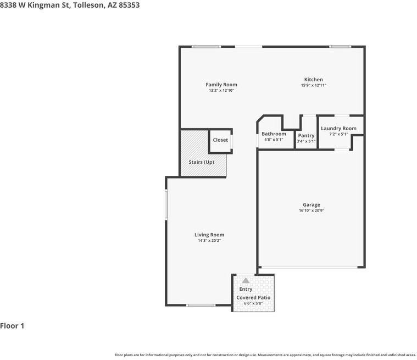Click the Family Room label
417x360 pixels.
click(x=221, y=85)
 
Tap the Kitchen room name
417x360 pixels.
click(x=313, y=80)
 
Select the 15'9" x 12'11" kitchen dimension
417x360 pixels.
click(x=313, y=85)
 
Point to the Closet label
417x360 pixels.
click(x=220, y=140)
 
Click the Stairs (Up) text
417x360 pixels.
click(x=201, y=162)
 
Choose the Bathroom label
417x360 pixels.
click(x=274, y=134)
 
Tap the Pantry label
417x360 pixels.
click(x=306, y=136)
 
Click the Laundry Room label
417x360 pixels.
click(x=338, y=129)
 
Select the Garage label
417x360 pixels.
click(x=311, y=205)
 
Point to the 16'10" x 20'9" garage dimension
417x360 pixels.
click(x=311, y=211)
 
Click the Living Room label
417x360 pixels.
click(x=209, y=235)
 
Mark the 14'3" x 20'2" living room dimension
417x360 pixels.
click(x=209, y=240)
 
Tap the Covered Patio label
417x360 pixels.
click(x=253, y=297)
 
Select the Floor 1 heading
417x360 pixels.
click(x=12, y=326)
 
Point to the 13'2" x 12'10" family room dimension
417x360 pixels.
click(x=221, y=91)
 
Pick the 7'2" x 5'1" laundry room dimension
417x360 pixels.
click(x=338, y=134)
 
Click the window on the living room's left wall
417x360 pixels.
click(x=166, y=205)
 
